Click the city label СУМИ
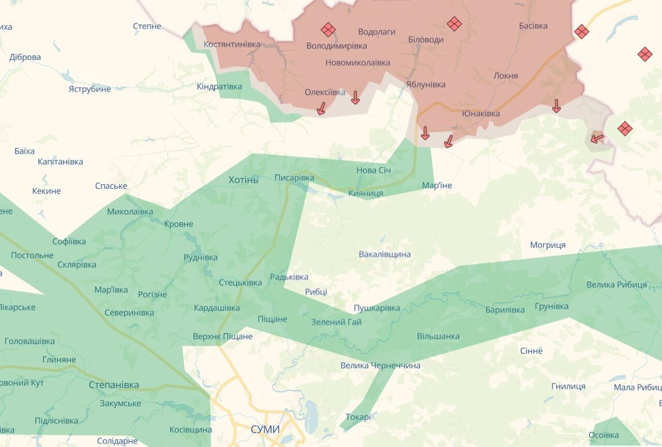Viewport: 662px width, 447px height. (265, 429)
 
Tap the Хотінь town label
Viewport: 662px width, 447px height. (244, 180)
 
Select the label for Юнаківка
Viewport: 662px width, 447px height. (481, 113)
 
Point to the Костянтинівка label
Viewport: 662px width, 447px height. (232, 44)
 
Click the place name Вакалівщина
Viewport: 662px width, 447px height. (385, 254)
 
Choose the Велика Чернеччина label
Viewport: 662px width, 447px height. (380, 366)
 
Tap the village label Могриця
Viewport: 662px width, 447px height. (548, 245)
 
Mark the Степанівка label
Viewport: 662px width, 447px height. (114, 385)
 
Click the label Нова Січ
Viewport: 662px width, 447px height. (373, 170)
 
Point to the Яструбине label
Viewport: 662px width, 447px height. (89, 89)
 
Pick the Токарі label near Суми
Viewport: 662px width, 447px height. (358, 416)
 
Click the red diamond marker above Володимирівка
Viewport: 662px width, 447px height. (328, 29)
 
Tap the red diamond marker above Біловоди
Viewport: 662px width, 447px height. (454, 24)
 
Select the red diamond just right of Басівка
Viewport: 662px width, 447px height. (581, 32)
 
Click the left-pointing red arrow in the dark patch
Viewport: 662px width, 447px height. (597, 139)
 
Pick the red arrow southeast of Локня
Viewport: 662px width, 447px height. (556, 106)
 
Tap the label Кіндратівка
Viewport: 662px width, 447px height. (219, 86)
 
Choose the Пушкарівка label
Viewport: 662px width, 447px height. (377, 308)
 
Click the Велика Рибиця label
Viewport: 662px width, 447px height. (616, 285)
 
